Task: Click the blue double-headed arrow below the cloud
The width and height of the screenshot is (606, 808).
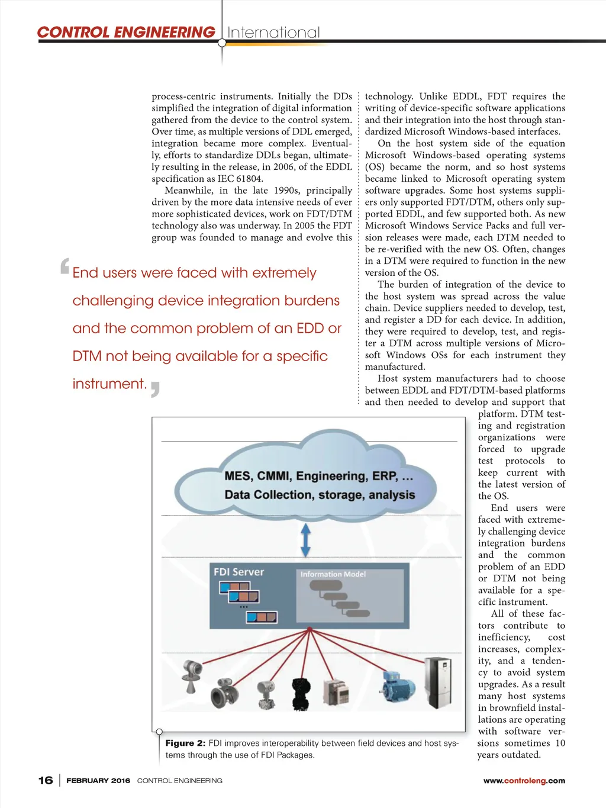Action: click(x=305, y=539)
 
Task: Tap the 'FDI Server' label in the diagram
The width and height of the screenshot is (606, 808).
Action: click(x=238, y=572)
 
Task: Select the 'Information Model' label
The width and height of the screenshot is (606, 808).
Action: click(x=333, y=574)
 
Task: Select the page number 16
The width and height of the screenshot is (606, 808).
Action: click(x=46, y=780)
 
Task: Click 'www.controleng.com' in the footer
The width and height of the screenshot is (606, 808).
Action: click(x=524, y=781)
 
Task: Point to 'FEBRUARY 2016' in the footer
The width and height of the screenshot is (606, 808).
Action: click(x=98, y=781)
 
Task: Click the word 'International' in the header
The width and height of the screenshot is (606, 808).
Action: click(x=273, y=33)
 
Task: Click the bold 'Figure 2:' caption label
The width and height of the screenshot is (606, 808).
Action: click(x=185, y=743)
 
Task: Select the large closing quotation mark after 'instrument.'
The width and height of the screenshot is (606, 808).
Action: click(x=155, y=388)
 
